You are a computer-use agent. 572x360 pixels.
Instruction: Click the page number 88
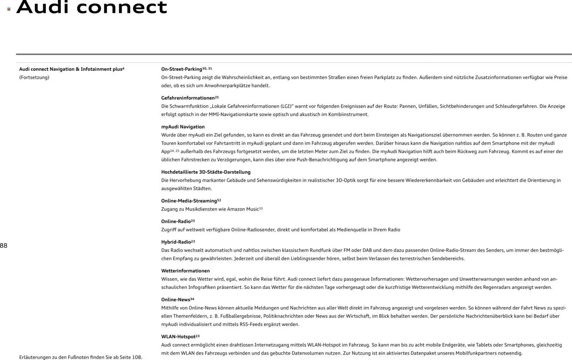coord(4,246)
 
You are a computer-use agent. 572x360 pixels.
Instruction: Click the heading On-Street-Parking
coord(182,69)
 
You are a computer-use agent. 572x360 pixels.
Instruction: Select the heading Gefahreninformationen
coord(188,98)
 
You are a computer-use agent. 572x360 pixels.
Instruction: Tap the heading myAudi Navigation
coord(183,127)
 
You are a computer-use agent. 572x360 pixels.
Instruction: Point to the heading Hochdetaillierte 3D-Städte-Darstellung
coord(206,172)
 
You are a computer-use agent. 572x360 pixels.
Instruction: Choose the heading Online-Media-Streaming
coord(189,201)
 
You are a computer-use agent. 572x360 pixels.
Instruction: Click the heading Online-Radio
coord(176,222)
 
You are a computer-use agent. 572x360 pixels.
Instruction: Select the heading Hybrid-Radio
coord(176,242)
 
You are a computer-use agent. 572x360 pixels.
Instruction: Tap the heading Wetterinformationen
coord(185,271)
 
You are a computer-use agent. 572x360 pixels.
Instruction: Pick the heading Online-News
coord(175,300)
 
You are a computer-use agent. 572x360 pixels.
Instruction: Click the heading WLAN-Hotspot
coord(178,337)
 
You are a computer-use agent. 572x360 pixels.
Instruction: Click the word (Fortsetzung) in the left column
coord(34,77)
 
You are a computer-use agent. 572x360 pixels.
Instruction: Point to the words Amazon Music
coord(243,210)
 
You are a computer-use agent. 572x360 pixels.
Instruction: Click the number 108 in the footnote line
coord(137,357)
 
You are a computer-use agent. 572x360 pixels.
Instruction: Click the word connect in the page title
coord(122,7)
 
